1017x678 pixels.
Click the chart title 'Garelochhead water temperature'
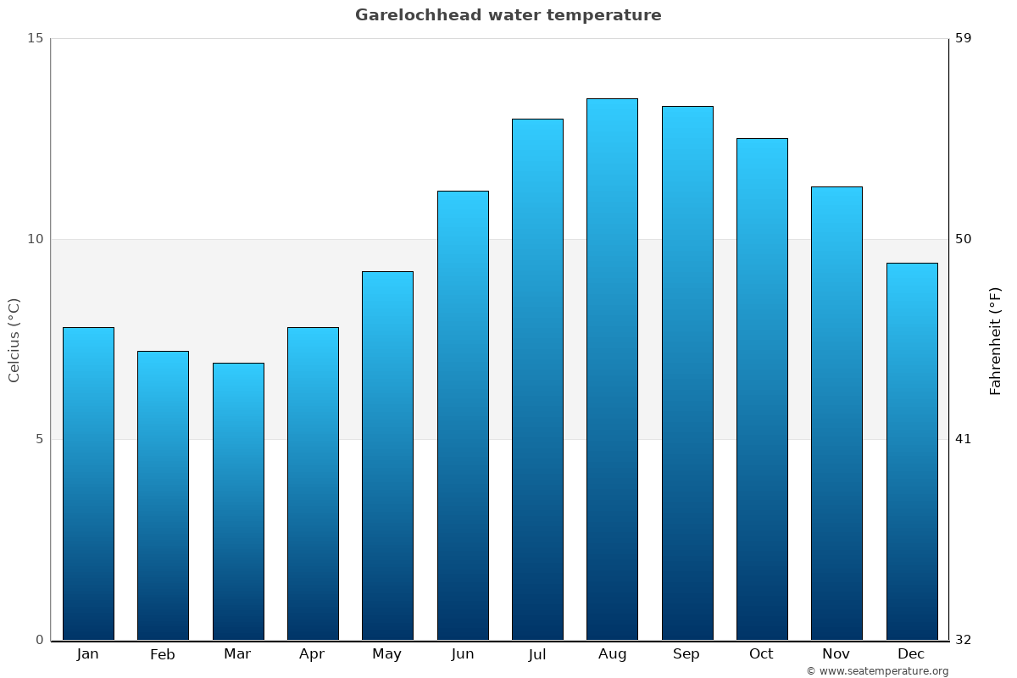[508, 15]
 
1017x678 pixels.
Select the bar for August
[612, 369]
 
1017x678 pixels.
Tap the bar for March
[238, 501]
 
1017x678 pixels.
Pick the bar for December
[911, 451]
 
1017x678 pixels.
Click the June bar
[463, 415]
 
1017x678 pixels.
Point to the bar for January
[88, 483]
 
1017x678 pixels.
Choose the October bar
[762, 389]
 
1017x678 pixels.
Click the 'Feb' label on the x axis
[163, 654]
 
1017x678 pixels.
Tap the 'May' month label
[387, 654]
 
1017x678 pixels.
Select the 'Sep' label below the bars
[686, 654]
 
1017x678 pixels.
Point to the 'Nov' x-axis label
[836, 654]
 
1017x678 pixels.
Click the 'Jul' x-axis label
[537, 654]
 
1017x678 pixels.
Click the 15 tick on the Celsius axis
[35, 38]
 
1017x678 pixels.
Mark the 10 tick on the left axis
[35, 239]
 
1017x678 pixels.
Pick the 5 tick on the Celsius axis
[38, 439]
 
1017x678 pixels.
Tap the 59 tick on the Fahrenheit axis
[964, 38]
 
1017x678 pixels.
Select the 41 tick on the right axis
[964, 439]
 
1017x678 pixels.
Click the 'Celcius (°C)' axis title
[14, 340]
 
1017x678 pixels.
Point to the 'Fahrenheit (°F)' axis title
[996, 340]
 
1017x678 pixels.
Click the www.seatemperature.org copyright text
[877, 671]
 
